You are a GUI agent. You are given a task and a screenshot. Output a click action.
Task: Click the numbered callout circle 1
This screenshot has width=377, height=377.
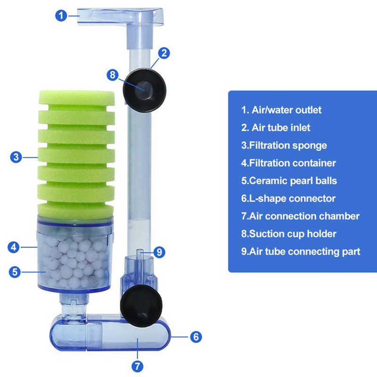click(x=61, y=16)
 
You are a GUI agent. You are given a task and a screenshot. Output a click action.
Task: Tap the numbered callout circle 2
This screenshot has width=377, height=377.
click(x=164, y=53)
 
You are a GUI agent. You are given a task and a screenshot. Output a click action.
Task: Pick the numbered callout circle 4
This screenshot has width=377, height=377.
click(x=14, y=246)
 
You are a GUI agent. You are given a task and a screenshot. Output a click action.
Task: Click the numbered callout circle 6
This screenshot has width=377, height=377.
click(x=196, y=337)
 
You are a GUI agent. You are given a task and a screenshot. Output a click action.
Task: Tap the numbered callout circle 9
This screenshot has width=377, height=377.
click(x=160, y=252)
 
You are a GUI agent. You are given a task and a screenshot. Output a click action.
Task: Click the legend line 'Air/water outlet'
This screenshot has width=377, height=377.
click(x=281, y=110)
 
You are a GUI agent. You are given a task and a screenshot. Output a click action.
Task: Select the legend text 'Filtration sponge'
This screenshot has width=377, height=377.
click(x=284, y=146)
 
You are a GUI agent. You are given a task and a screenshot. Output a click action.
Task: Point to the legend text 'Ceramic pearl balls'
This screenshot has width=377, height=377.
click(x=289, y=181)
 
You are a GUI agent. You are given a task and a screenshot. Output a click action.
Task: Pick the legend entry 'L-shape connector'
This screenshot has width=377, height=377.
click(x=288, y=198)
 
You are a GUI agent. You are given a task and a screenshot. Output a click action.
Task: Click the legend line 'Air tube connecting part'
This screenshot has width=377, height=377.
click(x=301, y=252)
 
